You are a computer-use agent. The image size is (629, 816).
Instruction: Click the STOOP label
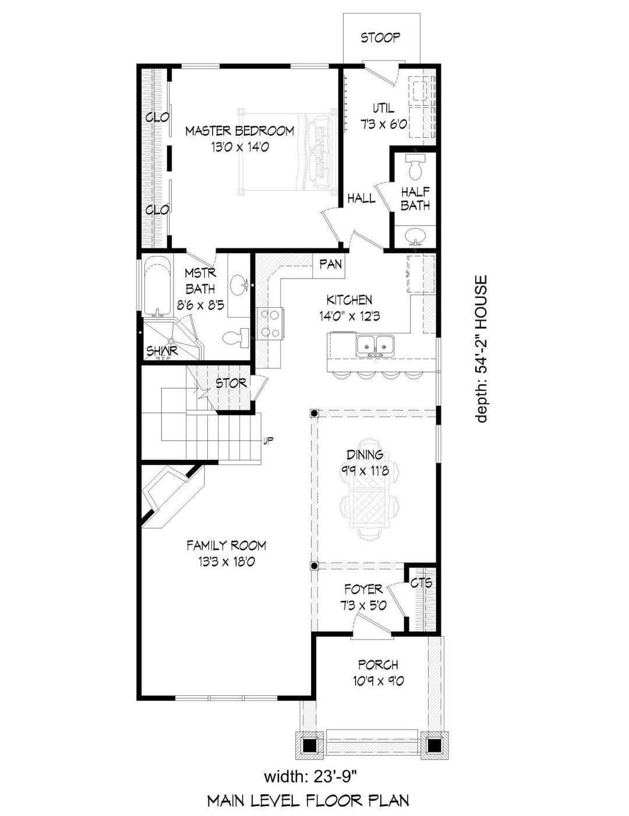tap(380, 37)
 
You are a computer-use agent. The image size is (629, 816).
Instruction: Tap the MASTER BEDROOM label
tap(240, 131)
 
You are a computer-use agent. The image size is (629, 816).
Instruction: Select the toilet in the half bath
tap(415, 167)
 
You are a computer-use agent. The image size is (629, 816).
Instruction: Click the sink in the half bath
tap(416, 235)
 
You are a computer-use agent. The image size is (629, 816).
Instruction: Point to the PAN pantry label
tap(330, 265)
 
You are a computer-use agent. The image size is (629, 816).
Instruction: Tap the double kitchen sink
tap(376, 344)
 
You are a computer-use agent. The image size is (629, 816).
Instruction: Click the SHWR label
tap(162, 351)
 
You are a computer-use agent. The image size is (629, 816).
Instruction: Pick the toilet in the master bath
tap(235, 337)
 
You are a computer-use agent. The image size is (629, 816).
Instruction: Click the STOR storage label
tap(231, 384)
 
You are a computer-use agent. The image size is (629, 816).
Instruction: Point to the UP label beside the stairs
tap(268, 441)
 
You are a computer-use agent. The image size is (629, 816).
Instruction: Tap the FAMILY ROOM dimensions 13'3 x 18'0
tap(227, 562)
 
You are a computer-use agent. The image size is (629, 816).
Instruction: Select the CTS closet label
tap(421, 583)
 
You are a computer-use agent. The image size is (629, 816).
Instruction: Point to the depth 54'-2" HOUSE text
tap(481, 349)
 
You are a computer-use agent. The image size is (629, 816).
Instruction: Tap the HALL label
tap(361, 198)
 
